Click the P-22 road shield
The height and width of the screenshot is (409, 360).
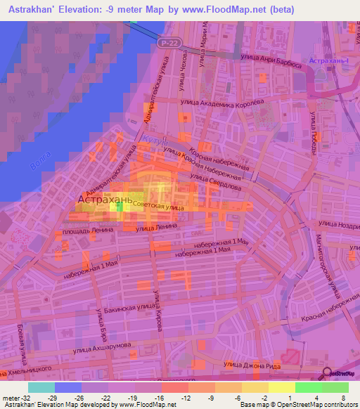[x=166, y=43]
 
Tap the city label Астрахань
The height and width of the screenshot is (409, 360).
[x=105, y=200]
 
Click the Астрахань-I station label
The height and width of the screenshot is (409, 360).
[x=331, y=62]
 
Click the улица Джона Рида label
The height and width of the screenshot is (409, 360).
[x=252, y=364]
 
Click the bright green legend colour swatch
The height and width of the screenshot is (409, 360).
[x=308, y=387]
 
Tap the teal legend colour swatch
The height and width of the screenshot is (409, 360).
[x=41, y=387]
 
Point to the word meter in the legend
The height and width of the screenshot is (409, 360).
[x=11, y=397]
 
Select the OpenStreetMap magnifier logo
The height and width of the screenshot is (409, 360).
[x=328, y=374]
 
